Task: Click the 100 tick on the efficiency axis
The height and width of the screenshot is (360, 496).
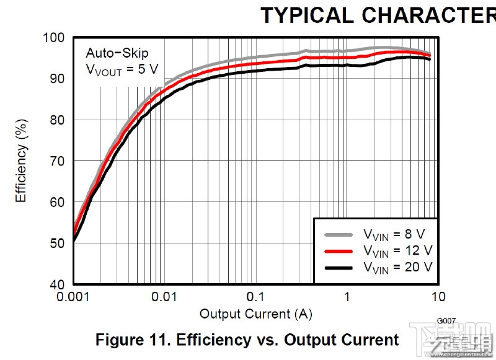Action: (x=54, y=38)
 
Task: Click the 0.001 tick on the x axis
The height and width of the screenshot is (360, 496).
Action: (x=74, y=296)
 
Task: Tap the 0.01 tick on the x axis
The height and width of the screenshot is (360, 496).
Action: (x=165, y=296)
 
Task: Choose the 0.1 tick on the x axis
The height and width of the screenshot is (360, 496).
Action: (x=256, y=296)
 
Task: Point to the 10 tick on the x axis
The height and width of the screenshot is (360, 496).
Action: (x=438, y=296)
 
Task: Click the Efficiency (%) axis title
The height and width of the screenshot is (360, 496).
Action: (x=21, y=161)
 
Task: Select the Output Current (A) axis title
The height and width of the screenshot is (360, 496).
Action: (x=255, y=314)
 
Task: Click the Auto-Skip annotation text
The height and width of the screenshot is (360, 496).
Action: (x=117, y=52)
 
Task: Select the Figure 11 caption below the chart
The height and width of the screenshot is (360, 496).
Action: (x=247, y=340)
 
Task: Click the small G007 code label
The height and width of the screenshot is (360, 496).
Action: (x=446, y=320)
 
